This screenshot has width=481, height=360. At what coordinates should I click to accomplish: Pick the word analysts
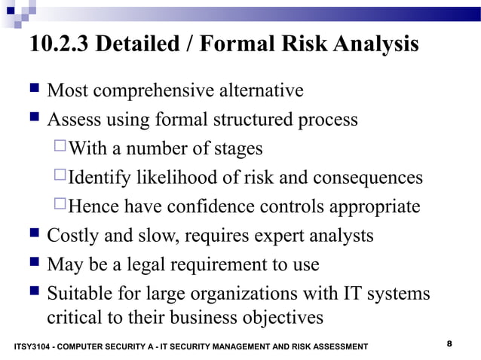(340, 236)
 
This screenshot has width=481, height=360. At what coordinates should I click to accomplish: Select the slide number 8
(449, 343)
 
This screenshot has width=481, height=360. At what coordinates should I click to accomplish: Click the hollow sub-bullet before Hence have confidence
(60, 206)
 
